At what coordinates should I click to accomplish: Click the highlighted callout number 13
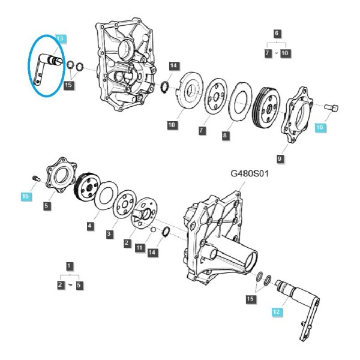click(x=61, y=38)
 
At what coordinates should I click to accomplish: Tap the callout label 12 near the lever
click(x=277, y=312)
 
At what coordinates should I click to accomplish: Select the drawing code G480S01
click(x=250, y=173)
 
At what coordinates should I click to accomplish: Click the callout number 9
click(x=280, y=158)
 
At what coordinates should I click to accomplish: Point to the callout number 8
click(x=225, y=135)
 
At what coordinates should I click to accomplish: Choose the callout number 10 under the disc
click(x=172, y=125)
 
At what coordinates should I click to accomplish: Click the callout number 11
click(x=140, y=247)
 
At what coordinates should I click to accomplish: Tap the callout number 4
click(x=90, y=225)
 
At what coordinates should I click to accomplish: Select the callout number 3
click(x=109, y=234)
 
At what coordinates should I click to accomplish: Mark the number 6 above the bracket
click(x=277, y=33)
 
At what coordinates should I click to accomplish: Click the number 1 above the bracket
click(x=70, y=266)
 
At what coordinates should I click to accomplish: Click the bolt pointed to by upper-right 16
click(x=331, y=107)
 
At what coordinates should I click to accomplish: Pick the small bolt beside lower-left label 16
click(x=35, y=178)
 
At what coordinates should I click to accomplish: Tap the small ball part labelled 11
click(x=154, y=229)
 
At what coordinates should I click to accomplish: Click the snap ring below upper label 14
click(x=165, y=88)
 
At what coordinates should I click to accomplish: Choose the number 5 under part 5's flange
click(x=47, y=205)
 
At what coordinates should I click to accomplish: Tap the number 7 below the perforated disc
click(x=202, y=130)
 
